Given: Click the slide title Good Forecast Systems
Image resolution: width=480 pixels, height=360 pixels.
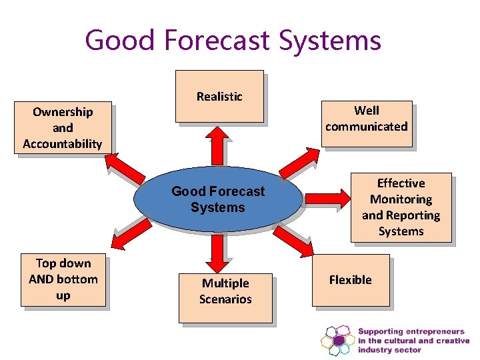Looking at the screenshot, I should coord(233,39).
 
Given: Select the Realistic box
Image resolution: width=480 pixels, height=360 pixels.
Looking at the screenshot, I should coord(219,97).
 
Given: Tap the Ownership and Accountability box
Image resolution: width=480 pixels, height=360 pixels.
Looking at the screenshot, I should coord(63,128).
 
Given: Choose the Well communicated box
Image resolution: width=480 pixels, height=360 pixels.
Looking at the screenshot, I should coord(366,119).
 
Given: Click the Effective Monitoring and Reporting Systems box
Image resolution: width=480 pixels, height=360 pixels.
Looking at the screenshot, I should coord(401,207).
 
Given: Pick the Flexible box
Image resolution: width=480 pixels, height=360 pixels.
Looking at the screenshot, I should coord(350,280).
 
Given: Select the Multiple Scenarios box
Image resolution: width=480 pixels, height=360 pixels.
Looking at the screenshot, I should coord(225,292).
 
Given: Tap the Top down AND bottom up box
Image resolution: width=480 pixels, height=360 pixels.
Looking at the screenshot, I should coord(63,279).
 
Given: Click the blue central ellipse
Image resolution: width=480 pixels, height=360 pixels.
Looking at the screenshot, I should coord(218,199).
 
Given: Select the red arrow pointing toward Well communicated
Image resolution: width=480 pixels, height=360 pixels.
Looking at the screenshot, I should coord(297,162).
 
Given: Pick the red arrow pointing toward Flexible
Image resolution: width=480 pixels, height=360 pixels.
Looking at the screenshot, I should coord(297,243).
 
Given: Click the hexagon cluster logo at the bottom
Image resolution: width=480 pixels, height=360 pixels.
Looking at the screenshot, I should coord(338,341).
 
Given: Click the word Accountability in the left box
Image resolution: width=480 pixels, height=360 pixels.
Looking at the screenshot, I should coord(63,144).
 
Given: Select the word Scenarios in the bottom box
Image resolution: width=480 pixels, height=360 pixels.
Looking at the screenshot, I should coord(225,299).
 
